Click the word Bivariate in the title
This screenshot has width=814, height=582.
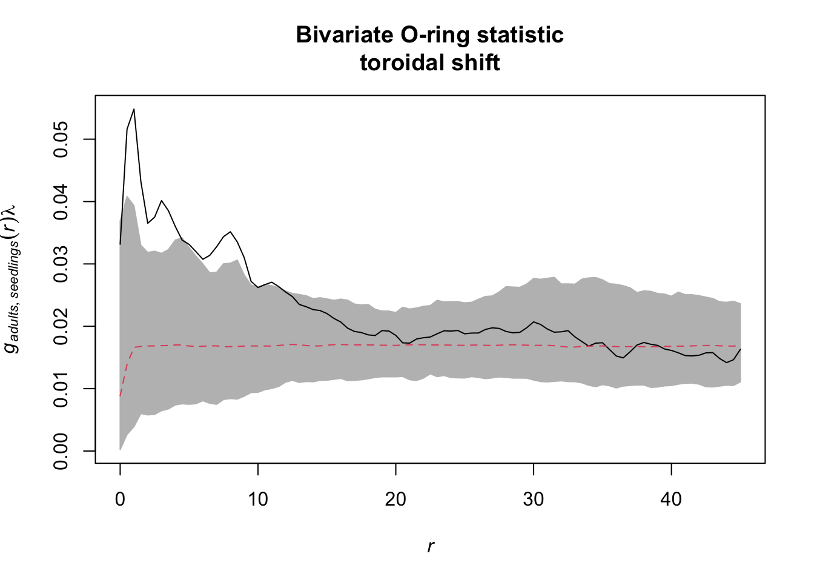[x=344, y=35]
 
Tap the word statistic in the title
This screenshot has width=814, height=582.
[x=520, y=35]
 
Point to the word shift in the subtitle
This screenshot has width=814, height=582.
[x=477, y=62]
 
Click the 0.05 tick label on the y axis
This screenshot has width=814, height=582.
[x=61, y=139]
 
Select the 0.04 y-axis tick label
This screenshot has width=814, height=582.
[x=61, y=202]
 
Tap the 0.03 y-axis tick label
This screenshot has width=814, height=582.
[x=61, y=264]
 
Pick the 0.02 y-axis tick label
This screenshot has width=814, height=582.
[x=61, y=326]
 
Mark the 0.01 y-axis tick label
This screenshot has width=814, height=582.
[x=61, y=389]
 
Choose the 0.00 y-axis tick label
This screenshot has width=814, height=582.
[x=61, y=451]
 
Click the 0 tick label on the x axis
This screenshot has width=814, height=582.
[x=120, y=500]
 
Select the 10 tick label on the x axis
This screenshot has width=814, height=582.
[x=258, y=500]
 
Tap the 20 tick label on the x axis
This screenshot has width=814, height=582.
[x=395, y=500]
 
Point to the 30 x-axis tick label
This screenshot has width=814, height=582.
[x=534, y=500]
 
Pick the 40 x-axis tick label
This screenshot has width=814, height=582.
[x=671, y=500]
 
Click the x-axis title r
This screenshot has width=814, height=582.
[x=430, y=547]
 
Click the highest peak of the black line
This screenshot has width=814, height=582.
[x=134, y=109]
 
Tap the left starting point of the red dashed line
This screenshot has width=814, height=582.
[x=121, y=396]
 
